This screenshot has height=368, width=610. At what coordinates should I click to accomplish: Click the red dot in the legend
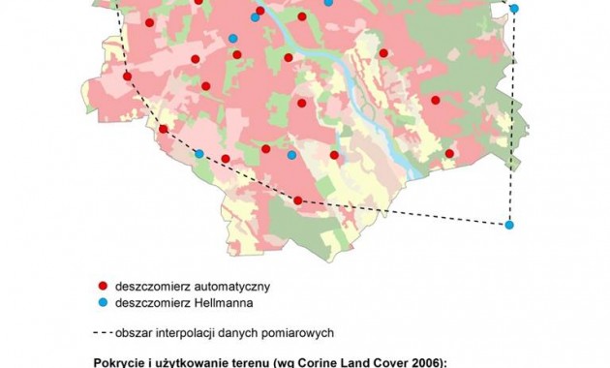pyautogui.click(x=101, y=286)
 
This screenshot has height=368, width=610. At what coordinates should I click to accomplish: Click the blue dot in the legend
pyautogui.click(x=101, y=302)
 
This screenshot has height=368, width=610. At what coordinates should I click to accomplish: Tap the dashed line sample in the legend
pyautogui.click(x=101, y=332)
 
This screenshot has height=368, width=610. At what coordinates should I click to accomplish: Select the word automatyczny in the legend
pyautogui.click(x=239, y=286)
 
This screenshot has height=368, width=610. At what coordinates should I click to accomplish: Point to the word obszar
pyautogui.click(x=131, y=332)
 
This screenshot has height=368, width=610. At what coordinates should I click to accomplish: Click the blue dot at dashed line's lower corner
pyautogui.click(x=509, y=225)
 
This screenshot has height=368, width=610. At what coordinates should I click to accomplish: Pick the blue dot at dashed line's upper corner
pyautogui.click(x=514, y=9)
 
